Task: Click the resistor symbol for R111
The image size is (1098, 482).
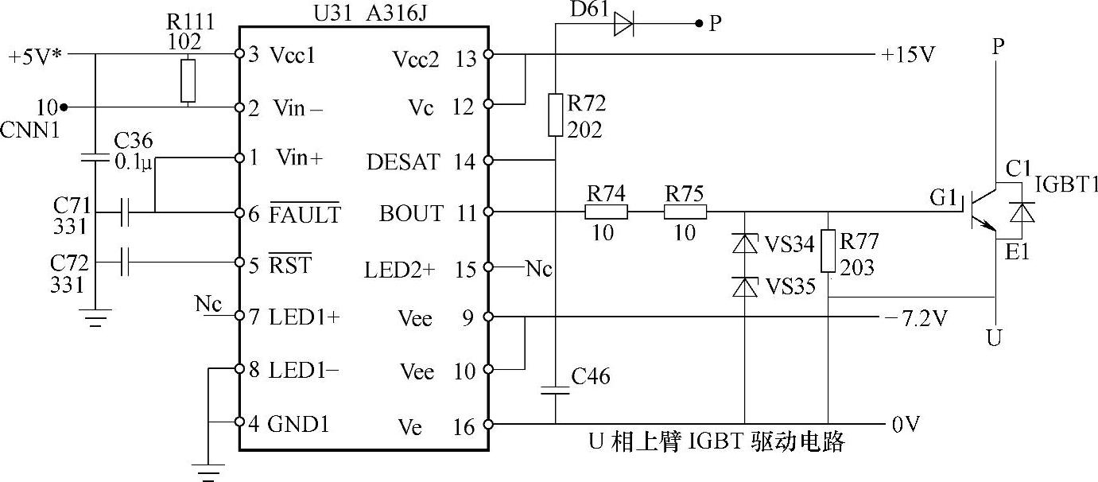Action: click(x=188, y=80)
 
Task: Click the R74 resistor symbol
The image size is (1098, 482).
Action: click(x=606, y=212)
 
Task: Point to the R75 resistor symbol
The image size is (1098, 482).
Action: click(x=685, y=212)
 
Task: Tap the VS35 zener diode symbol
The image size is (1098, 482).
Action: click(x=745, y=286)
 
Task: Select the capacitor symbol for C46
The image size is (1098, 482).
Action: click(x=555, y=390)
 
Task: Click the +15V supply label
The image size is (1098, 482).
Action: click(x=908, y=55)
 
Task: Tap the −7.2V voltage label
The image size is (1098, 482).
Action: click(x=917, y=319)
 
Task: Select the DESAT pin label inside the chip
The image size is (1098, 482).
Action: click(x=403, y=163)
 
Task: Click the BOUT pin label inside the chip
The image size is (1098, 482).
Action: click(x=411, y=213)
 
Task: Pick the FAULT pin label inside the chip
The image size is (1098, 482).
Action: click(x=305, y=215)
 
